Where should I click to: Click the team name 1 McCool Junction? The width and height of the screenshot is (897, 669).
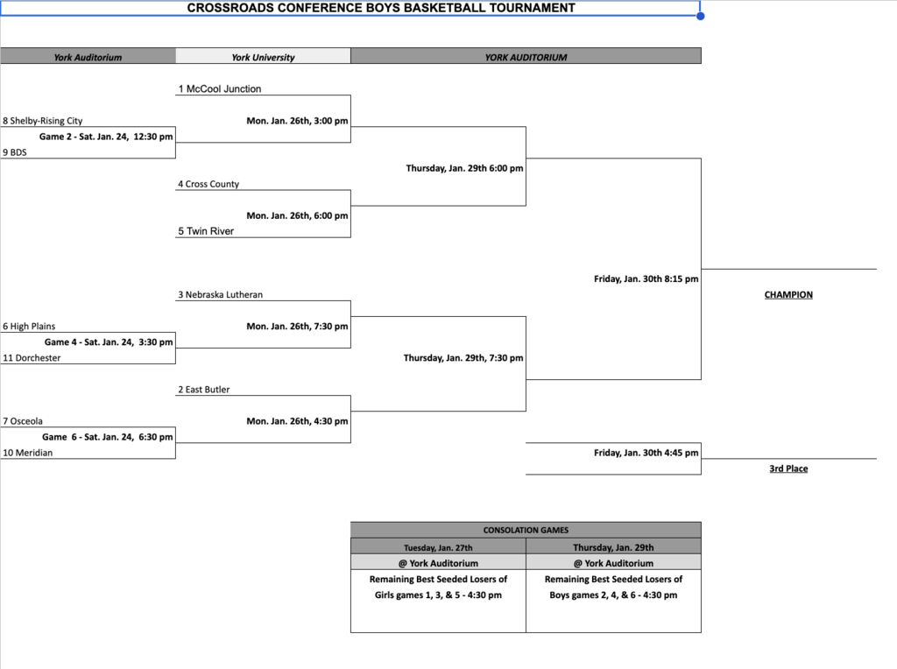tap(220, 89)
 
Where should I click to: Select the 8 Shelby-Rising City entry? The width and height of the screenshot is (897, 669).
tap(43, 121)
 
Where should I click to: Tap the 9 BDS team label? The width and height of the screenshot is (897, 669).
tap(15, 151)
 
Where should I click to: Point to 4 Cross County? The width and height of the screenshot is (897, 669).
tap(208, 184)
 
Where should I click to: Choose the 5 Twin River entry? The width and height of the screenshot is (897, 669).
tap(206, 231)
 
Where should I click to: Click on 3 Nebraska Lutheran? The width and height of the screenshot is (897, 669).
tap(220, 295)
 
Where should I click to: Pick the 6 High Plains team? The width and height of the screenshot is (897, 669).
tap(29, 327)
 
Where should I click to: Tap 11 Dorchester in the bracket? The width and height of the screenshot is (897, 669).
tap(32, 357)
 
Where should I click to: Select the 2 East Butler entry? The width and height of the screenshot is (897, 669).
tap(204, 390)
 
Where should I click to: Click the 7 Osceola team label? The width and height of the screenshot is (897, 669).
tap(23, 421)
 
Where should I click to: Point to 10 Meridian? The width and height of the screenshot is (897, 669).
tap(27, 453)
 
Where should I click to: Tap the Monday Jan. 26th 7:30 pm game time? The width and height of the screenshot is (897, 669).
tap(297, 326)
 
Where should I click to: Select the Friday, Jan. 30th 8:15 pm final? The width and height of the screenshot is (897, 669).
tap(646, 279)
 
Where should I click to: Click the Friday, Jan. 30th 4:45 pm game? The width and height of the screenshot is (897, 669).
tap(646, 453)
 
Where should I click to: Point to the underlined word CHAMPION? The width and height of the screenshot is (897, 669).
tap(788, 295)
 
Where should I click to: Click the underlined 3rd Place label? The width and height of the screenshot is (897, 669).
tap(788, 468)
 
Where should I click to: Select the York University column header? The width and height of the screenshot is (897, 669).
tap(263, 58)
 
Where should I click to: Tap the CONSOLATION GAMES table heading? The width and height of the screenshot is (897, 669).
tap(526, 530)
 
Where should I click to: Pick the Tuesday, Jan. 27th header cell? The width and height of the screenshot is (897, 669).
tap(438, 547)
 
